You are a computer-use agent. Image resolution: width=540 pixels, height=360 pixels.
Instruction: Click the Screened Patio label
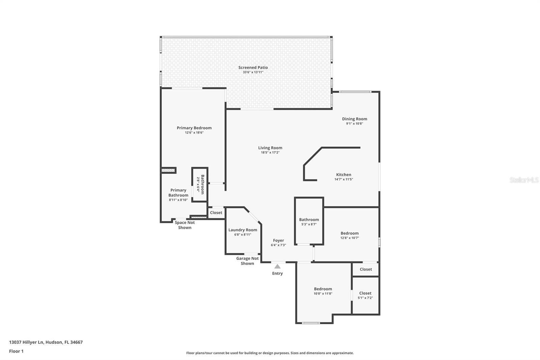click(x=253, y=68)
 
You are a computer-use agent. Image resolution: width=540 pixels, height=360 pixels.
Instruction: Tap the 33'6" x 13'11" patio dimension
click(x=253, y=72)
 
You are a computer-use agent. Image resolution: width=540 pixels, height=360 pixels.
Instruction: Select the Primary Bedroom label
click(x=194, y=128)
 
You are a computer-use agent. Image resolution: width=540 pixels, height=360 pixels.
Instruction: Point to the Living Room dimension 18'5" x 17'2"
click(x=270, y=153)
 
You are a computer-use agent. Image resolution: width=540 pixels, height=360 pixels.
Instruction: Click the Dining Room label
click(x=354, y=119)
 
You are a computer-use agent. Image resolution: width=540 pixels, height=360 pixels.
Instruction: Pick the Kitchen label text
click(x=344, y=175)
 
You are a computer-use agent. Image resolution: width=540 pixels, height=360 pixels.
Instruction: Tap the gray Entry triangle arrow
click(x=277, y=266)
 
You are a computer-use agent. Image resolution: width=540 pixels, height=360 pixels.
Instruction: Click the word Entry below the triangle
click(x=277, y=274)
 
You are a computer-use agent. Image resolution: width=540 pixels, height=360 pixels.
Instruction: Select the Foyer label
click(x=278, y=240)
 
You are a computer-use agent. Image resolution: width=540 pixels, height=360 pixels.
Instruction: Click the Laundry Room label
click(x=243, y=230)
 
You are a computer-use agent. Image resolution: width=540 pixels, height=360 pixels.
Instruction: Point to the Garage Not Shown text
click(x=247, y=261)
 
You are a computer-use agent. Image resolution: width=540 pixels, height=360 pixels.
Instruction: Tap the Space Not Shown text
click(x=185, y=225)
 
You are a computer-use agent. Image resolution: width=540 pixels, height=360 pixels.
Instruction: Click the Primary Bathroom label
click(x=178, y=192)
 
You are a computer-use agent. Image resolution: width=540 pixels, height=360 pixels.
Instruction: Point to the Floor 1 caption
click(x=16, y=351)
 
